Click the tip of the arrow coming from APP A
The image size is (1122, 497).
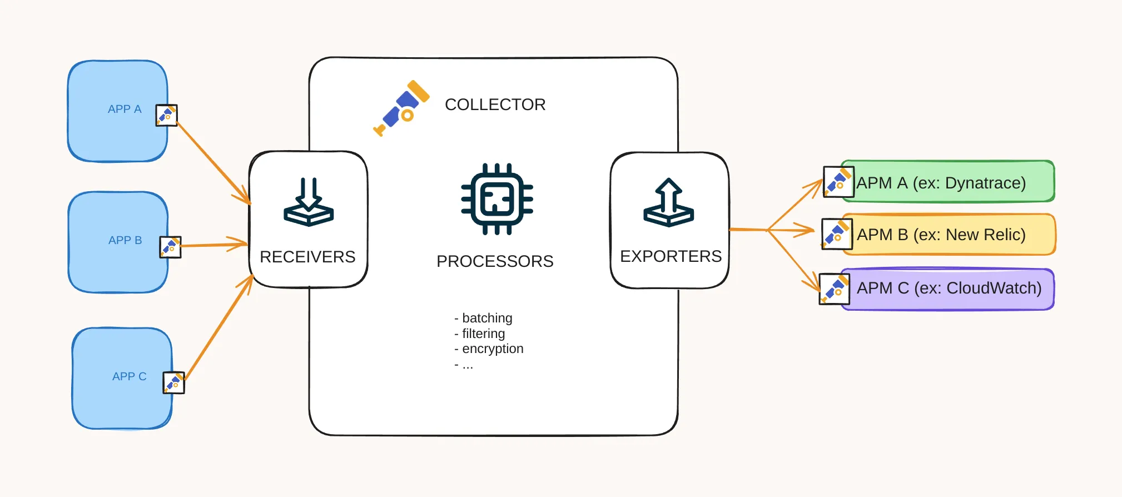tap(251, 204)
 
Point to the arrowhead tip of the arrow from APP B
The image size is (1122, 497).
tap(247, 243)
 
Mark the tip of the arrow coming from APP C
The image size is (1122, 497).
tap(253, 275)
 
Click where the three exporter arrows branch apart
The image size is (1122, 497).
tap(768, 230)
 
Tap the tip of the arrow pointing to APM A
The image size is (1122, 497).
tap(822, 180)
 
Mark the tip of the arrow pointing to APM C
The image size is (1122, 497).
tap(820, 291)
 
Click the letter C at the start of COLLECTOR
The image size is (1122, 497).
tap(451, 105)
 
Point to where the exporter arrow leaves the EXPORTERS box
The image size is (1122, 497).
tap(729, 229)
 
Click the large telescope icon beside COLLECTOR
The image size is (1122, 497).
tap(401, 108)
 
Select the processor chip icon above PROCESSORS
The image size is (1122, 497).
tap(497, 199)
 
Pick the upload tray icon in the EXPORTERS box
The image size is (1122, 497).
tap(669, 202)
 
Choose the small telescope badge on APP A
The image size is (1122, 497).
tap(166, 115)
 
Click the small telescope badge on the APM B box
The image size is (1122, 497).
tap(837, 233)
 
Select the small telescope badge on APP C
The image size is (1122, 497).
tap(174, 382)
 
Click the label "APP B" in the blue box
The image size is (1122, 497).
tap(125, 240)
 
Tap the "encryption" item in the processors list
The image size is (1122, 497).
tap(493, 349)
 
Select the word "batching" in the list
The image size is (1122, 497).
tap(487, 318)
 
